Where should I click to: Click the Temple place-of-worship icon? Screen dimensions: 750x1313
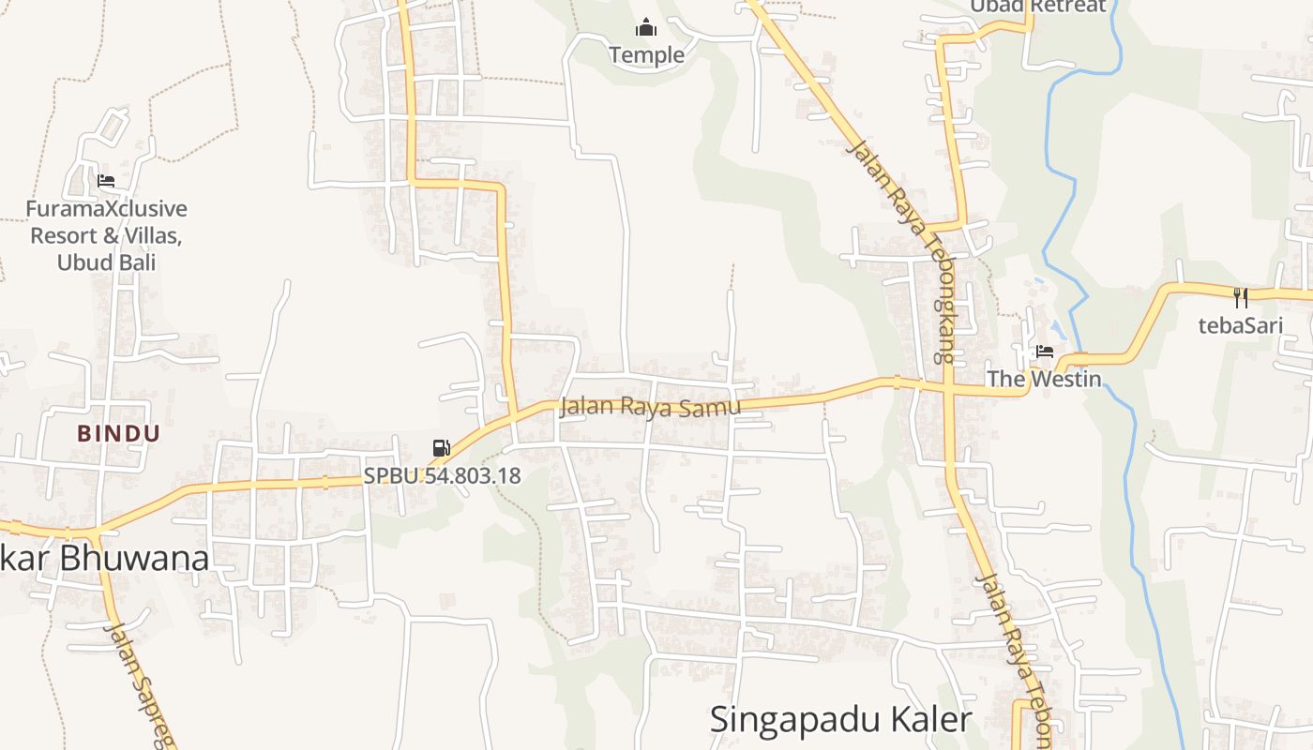646,27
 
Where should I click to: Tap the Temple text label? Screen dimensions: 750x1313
646,55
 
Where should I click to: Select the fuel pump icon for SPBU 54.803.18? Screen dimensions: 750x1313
441,448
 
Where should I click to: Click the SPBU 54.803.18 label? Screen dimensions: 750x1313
442,475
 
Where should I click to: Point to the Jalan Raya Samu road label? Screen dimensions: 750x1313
650,407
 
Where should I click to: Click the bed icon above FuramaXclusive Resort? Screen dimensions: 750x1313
106,180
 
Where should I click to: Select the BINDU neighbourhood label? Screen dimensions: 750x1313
119,433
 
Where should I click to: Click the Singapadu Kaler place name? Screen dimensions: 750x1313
839,720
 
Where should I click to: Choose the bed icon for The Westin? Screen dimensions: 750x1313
1045,352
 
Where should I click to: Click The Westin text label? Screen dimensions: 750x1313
1043,380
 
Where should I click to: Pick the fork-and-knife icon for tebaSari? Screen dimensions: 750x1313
1241,298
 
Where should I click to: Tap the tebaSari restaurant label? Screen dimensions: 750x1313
1241,325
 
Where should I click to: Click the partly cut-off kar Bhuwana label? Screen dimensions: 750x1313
103,559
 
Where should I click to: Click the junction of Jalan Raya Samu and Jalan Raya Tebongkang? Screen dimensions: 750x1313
948,387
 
